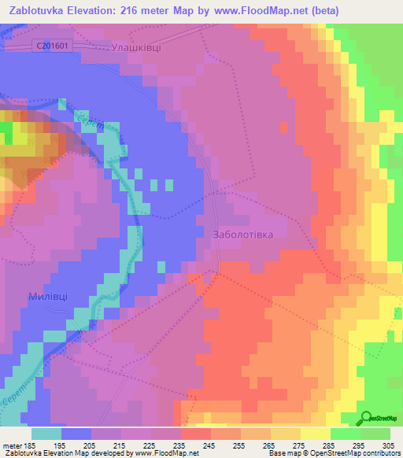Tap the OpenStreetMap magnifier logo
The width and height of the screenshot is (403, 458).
(368, 417)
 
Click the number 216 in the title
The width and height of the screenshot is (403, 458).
(181, 10)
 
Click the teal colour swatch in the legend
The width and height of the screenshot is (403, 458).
(46, 434)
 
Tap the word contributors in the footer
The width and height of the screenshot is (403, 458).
(380, 454)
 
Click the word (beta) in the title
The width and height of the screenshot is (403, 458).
(378, 10)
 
